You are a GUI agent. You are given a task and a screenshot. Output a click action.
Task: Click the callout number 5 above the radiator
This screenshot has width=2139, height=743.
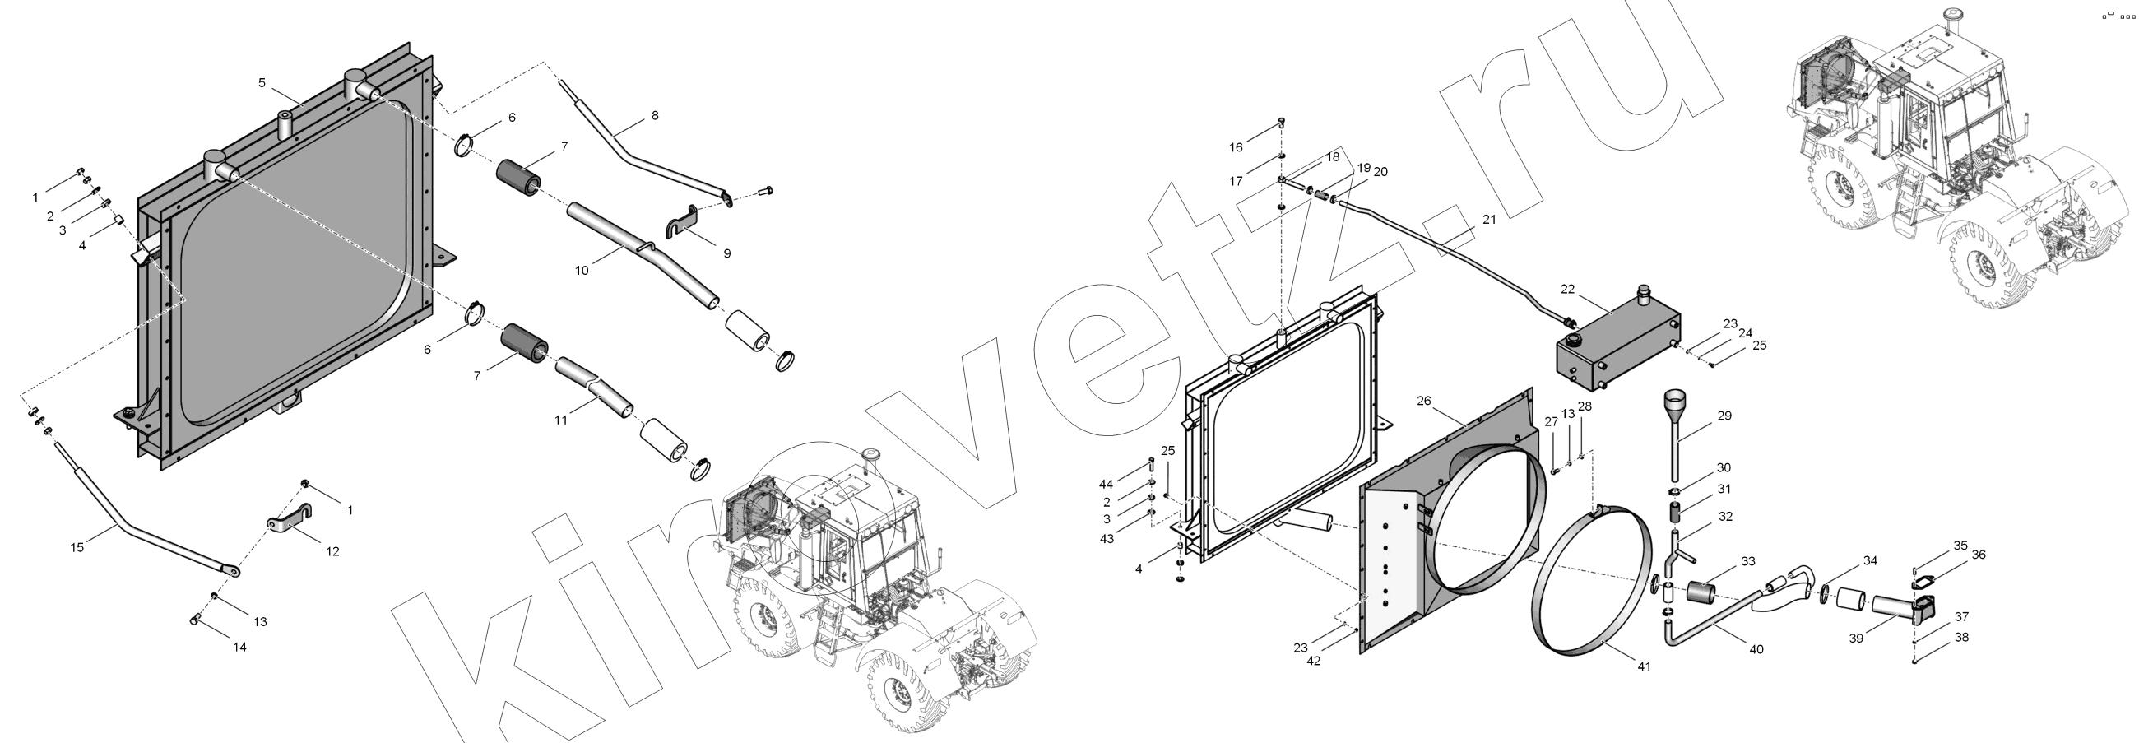[x=262, y=83]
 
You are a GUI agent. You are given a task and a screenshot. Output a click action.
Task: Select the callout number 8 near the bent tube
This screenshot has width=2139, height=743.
[x=655, y=115]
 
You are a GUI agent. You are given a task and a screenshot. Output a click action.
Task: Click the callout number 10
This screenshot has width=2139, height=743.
[x=582, y=271]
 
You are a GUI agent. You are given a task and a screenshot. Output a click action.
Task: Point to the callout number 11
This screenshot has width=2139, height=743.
[x=561, y=420]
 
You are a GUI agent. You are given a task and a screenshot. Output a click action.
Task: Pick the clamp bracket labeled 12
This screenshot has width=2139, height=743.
[x=289, y=520]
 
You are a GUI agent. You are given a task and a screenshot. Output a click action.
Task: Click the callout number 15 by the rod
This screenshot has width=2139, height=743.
[x=77, y=547]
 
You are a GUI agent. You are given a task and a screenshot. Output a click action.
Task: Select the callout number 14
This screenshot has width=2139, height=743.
[x=239, y=647]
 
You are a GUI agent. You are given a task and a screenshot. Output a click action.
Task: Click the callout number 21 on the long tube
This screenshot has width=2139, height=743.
[x=1489, y=220]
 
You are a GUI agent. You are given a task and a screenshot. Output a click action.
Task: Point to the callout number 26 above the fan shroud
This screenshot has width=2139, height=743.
[x=1424, y=401]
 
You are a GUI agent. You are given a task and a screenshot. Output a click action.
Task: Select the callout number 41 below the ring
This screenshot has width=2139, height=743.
[x=1644, y=666]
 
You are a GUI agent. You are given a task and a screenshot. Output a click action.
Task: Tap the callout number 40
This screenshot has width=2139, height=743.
[x=1756, y=649]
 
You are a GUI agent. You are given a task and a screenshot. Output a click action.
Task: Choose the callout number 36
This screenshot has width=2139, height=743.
[x=1979, y=555]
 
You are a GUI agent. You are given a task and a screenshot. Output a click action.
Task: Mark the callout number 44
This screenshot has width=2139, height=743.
[x=1106, y=484]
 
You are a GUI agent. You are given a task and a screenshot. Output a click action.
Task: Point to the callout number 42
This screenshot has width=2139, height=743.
[x=1314, y=661]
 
